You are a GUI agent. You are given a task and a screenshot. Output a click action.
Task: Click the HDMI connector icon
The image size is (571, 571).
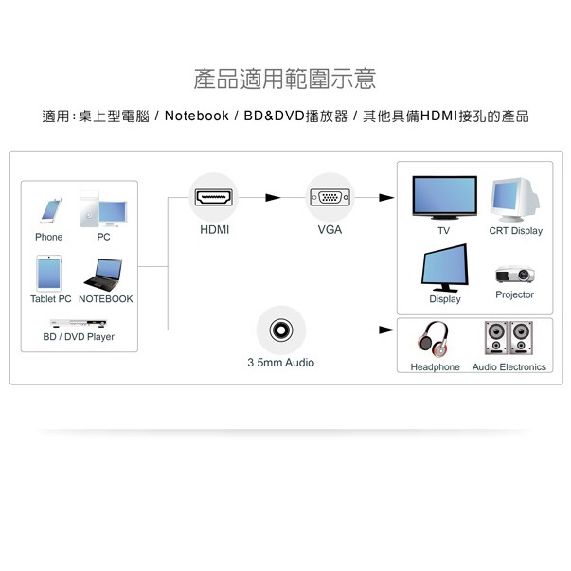point(213,197)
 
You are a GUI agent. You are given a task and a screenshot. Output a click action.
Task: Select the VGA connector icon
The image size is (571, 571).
point(330,197)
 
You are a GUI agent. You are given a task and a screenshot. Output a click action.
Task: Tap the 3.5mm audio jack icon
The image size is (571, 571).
point(280,330)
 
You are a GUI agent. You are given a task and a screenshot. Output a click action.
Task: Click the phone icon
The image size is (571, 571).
point(49,210)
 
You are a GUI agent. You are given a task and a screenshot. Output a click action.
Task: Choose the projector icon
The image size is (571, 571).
point(514,275)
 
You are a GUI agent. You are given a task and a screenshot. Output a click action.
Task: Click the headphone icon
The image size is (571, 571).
point(435,339)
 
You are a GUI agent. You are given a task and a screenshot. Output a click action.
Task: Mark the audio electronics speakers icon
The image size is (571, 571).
point(509,339)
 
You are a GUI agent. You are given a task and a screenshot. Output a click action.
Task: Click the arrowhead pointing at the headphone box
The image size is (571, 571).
point(385,330)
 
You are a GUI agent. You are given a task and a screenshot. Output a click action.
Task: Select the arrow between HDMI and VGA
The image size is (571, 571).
point(273,197)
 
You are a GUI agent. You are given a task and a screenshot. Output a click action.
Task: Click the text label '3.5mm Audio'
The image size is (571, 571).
point(280,363)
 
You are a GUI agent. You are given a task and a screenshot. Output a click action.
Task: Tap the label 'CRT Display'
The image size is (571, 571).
point(515,231)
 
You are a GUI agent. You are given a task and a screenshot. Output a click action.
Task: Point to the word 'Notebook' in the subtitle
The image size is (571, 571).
point(197,116)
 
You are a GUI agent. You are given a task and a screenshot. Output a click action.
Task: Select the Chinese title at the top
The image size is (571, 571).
point(285,80)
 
